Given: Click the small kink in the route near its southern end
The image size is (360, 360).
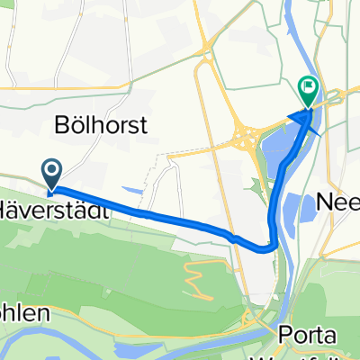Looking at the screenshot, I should [234, 238].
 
